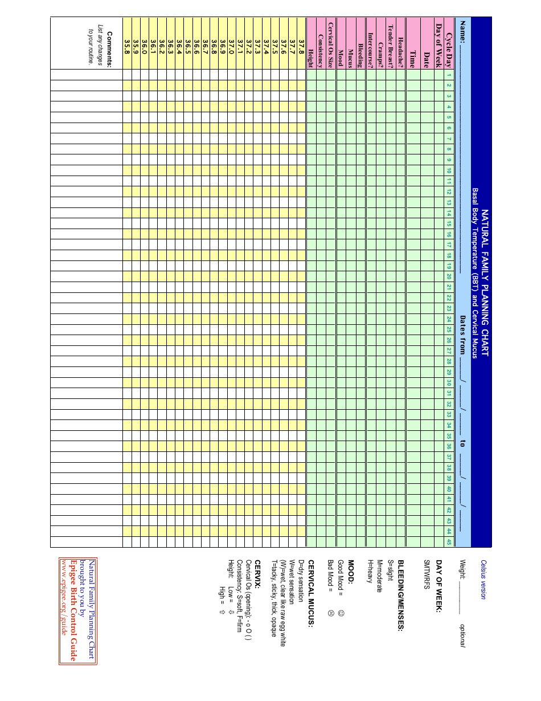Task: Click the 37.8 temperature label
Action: pos(301,59)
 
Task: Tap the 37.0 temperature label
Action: pos(232,59)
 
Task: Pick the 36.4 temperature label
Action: pos(179,59)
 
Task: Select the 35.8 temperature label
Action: pos(127,59)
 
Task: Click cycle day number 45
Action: pos(449,541)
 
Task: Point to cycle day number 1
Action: pos(449,76)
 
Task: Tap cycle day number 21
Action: pos(449,287)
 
